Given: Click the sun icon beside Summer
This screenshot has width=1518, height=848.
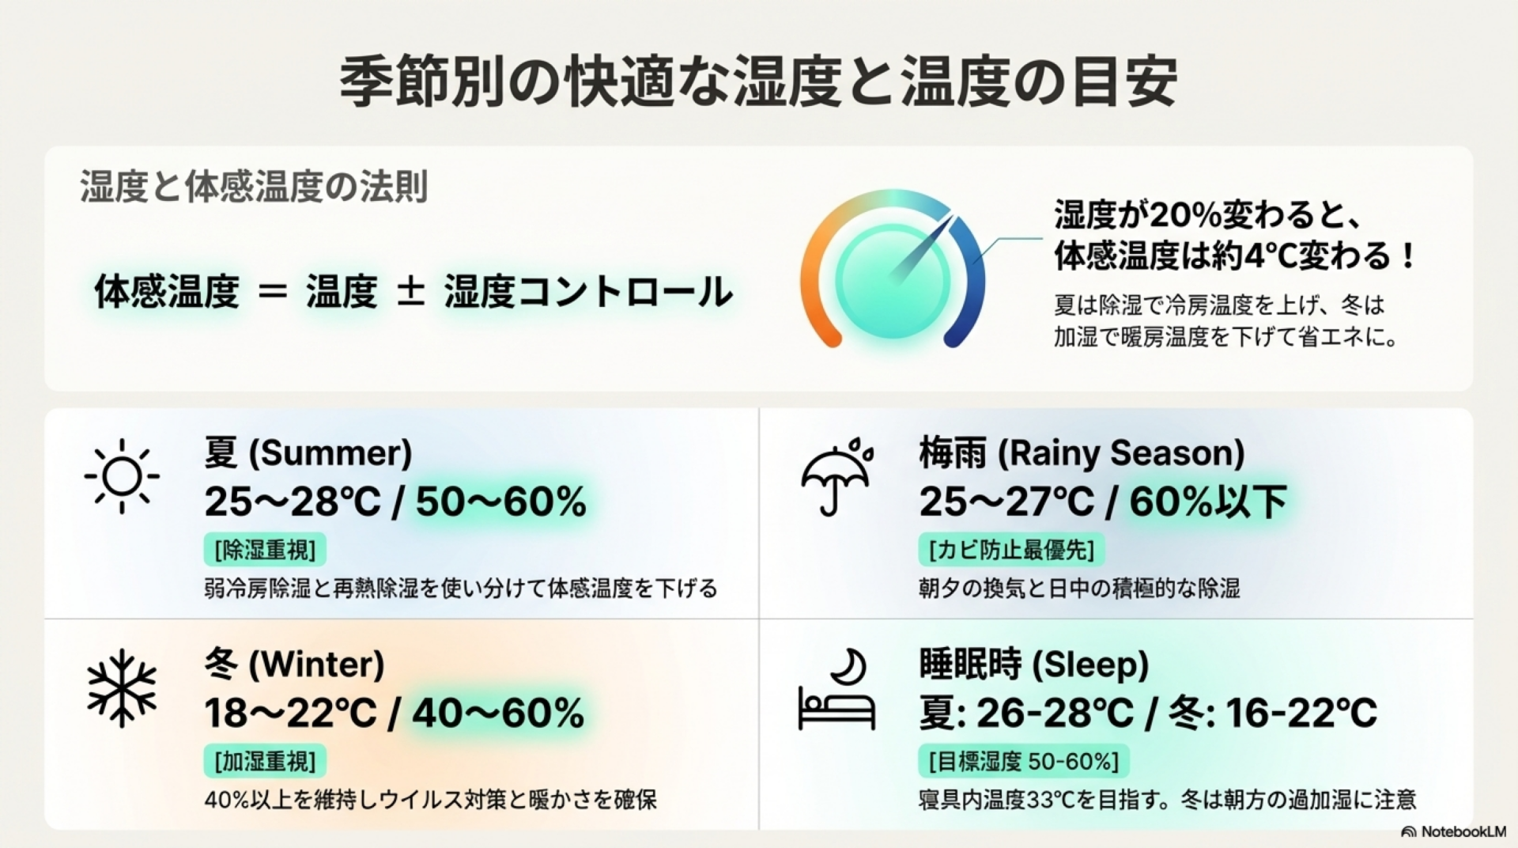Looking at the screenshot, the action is [122, 475].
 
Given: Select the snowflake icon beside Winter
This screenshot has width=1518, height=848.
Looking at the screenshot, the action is [122, 688].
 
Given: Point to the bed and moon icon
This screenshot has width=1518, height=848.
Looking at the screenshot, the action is [836, 689].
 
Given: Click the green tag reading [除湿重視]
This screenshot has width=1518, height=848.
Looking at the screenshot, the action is [265, 550].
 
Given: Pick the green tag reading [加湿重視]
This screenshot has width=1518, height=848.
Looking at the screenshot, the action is [265, 762].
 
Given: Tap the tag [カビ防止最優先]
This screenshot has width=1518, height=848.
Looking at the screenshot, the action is [1011, 550].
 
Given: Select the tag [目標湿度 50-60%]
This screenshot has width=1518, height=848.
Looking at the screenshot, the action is [1024, 762].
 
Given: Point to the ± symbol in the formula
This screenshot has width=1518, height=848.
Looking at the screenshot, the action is [410, 290].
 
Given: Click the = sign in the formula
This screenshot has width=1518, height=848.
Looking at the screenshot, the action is [273, 292].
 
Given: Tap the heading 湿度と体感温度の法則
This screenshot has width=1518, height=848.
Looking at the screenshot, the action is [254, 187].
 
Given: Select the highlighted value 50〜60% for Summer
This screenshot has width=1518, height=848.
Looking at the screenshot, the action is [501, 502].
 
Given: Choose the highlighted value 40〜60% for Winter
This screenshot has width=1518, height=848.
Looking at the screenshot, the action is [498, 713].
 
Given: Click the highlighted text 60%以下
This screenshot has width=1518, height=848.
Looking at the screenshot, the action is [1208, 502].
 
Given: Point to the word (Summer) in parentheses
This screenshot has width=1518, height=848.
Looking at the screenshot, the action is [330, 453].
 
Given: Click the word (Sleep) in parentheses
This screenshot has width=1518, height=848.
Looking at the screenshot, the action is [1090, 664].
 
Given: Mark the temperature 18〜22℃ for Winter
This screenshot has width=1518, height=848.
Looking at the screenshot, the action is [290, 713].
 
